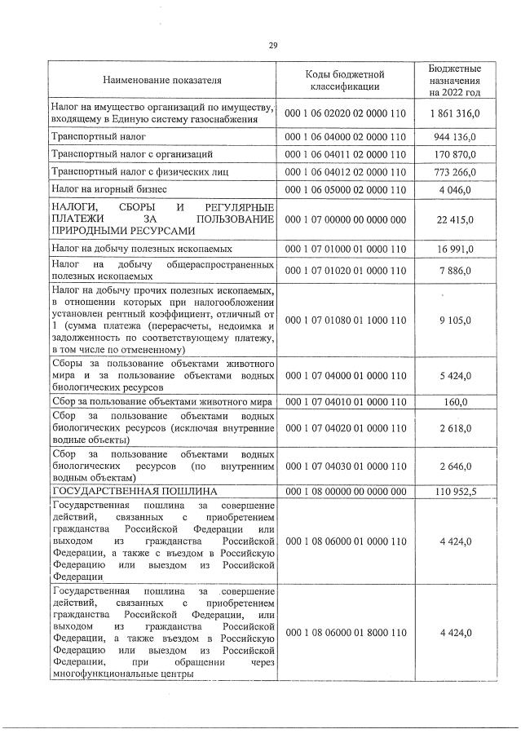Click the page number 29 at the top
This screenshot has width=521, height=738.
273,46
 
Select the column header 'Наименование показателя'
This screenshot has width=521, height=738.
161,81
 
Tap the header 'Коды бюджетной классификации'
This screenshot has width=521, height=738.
345,81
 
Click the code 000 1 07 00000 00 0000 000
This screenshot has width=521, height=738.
345,219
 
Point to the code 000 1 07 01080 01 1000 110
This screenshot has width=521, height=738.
345,320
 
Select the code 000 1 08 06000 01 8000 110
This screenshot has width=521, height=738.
345,632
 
